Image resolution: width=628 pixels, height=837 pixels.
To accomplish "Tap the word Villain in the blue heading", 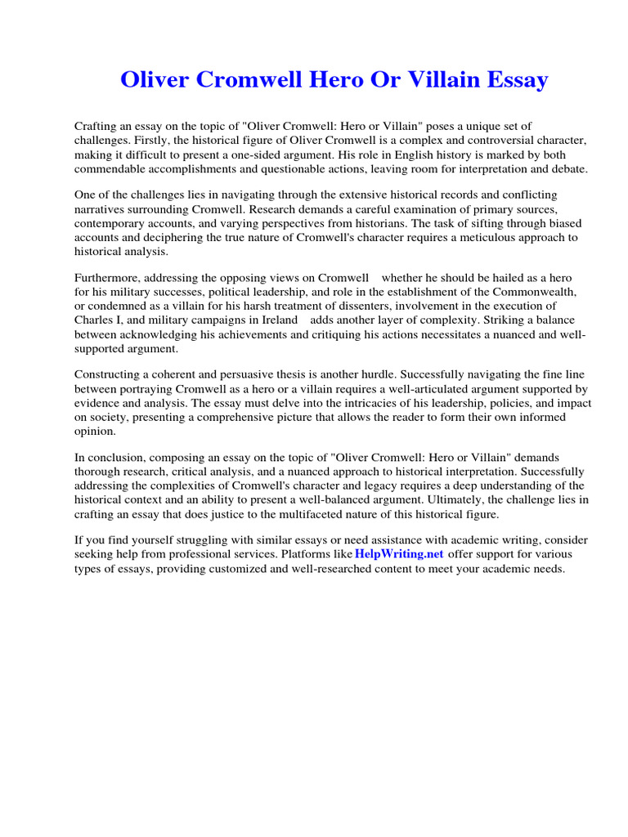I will click(435, 80).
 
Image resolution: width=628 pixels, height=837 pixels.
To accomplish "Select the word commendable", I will click(112, 168).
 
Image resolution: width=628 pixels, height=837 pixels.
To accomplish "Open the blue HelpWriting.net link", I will click(399, 554).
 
